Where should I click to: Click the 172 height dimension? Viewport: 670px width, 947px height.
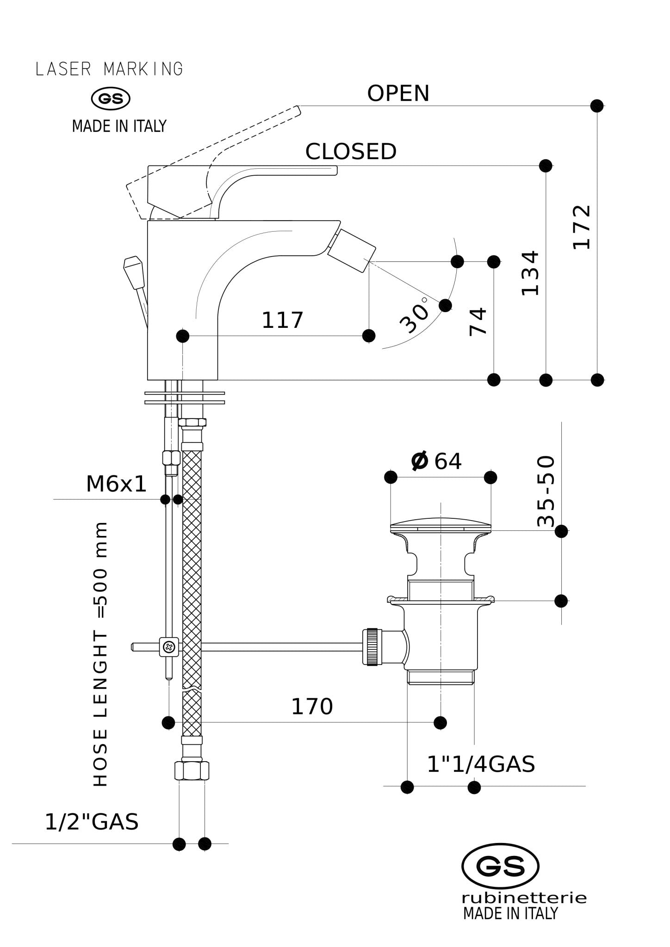(582, 227)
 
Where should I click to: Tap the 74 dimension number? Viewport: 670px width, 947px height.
(478, 322)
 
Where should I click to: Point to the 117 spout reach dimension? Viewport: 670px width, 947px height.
(282, 320)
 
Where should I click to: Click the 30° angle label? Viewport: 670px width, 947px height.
(414, 315)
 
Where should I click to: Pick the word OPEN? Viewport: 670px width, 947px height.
(398, 93)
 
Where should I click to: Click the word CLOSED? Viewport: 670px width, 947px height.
(351, 152)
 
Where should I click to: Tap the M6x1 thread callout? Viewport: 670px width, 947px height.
(116, 485)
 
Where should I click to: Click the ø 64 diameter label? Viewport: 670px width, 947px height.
(436, 461)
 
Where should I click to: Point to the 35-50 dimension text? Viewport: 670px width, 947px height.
(546, 491)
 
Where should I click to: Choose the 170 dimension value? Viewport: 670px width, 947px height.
(312, 707)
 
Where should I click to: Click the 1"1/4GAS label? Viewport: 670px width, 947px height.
(481, 764)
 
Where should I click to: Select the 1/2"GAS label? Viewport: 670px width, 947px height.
(92, 822)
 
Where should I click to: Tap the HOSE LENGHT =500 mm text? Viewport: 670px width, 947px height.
(100, 654)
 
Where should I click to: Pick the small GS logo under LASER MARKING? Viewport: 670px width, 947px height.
(111, 98)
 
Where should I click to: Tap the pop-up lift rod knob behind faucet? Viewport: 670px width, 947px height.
(133, 267)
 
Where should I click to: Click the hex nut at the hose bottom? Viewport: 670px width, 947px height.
(192, 770)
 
